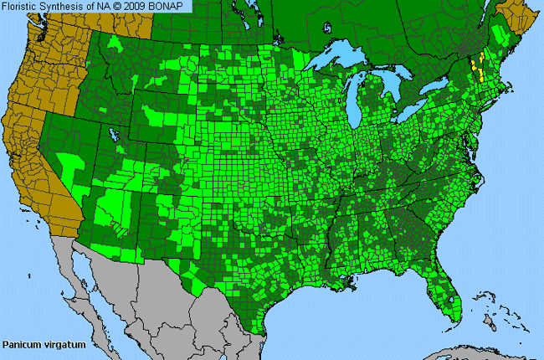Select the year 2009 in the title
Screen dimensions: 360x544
point(142,7)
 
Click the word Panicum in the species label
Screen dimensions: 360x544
point(21,344)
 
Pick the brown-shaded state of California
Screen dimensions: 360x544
point(42,167)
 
